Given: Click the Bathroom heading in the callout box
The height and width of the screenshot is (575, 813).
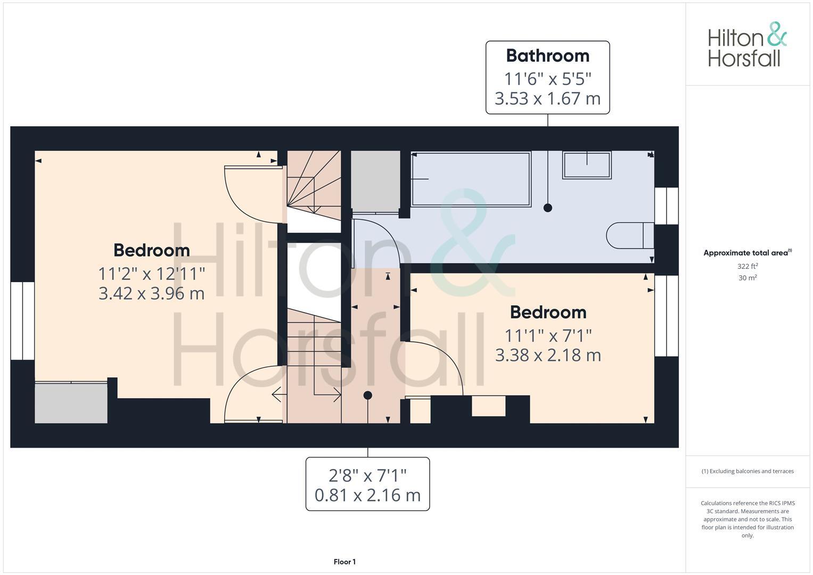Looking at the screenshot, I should point(547,56).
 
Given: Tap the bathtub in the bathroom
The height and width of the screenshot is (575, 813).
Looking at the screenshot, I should point(471,179).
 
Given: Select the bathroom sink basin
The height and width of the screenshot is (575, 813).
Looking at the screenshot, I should point(587,165).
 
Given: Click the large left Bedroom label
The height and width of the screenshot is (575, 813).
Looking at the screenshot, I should point(151,250).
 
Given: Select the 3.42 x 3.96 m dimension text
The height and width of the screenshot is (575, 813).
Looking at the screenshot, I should point(151,293).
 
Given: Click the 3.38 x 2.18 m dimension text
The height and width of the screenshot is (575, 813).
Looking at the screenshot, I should point(548,355).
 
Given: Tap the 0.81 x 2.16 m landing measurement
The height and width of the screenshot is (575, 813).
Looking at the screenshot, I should point(367,495).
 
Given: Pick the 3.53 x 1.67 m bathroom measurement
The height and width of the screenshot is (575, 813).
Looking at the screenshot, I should point(547,98).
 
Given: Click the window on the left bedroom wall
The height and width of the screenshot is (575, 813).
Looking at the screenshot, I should point(22,321).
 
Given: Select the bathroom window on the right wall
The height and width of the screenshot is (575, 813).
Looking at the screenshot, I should point(666,206).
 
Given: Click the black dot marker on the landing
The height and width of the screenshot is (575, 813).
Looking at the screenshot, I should point(367,395).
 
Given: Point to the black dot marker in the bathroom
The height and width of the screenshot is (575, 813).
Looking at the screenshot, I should point(547,208).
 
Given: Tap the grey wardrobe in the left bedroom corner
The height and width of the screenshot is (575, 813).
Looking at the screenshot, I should point(71,402).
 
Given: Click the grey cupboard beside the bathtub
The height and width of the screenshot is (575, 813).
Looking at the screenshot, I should point(375,181).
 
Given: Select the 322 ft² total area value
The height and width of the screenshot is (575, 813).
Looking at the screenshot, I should point(748,266).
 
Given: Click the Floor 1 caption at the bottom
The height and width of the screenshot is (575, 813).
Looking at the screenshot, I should point(344,562).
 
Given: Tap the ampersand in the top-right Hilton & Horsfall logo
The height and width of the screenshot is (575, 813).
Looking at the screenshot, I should point(776,35).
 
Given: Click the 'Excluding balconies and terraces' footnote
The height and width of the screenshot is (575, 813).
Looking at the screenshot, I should point(748,471).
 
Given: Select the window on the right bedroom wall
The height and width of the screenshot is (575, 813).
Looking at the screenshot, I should point(666,316).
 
